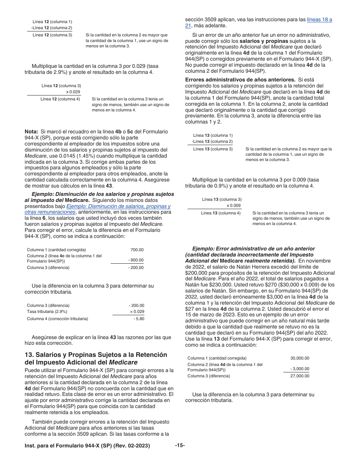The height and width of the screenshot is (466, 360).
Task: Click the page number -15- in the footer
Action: (180, 446)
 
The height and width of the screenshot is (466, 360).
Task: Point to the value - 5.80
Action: (139, 319)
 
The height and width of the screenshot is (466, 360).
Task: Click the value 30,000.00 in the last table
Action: (299, 358)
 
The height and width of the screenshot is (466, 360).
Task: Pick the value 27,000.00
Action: (299, 376)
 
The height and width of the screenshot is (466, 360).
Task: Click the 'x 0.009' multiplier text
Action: (233, 205)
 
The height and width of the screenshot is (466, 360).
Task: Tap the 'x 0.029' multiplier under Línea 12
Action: (73, 92)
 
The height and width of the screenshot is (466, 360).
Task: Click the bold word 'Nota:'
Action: (31, 131)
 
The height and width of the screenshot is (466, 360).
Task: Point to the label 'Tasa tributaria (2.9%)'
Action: (47, 311)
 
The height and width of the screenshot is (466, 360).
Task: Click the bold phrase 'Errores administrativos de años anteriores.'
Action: (240, 80)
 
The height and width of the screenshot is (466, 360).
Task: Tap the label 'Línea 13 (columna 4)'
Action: (221, 213)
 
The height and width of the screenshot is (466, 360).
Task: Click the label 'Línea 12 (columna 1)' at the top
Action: (52, 22)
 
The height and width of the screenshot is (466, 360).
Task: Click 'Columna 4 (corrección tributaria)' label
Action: (57, 319)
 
